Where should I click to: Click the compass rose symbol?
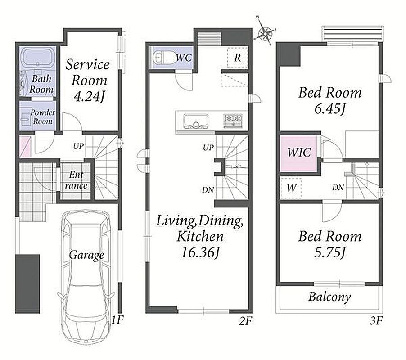point(265,33)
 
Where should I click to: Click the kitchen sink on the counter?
point(196,121)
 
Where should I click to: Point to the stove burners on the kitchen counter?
point(233,121)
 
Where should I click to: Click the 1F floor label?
point(117,320)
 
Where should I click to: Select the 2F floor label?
point(245,321)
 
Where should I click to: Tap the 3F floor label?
point(376,321)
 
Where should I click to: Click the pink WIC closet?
point(298,153)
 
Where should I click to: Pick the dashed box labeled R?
point(238,58)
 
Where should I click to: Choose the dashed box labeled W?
point(291,189)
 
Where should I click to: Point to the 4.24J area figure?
point(89,97)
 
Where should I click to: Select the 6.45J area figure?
point(330,109)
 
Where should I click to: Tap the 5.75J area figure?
point(330,252)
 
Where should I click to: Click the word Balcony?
point(329,297)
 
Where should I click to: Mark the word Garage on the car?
point(86,256)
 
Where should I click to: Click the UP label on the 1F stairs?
point(78,146)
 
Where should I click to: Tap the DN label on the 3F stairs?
point(338,187)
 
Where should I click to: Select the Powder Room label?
point(43,117)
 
